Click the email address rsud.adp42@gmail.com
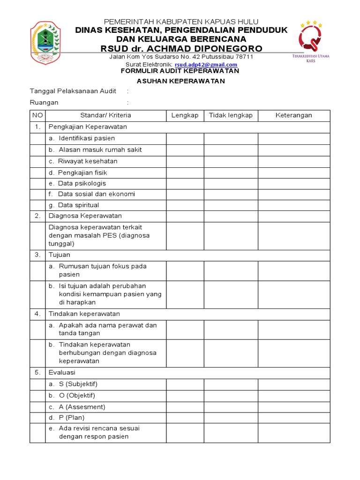[206, 64]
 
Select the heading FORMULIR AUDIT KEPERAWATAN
[180, 71]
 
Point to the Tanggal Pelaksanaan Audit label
[73, 91]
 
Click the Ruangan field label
[44, 102]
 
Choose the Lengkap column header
[185, 115]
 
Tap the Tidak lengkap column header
[231, 115]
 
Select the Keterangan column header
[293, 115]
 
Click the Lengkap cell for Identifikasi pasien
[185, 138]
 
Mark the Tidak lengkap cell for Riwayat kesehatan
[231, 161]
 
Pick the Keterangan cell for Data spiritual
[293, 205]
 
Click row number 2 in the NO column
[37, 216]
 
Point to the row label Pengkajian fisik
[78, 172]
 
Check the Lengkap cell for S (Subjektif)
[185, 384]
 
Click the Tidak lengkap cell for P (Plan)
[231, 418]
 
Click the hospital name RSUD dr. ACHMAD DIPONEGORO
[181, 49]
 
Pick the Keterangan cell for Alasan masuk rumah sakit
[293, 150]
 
